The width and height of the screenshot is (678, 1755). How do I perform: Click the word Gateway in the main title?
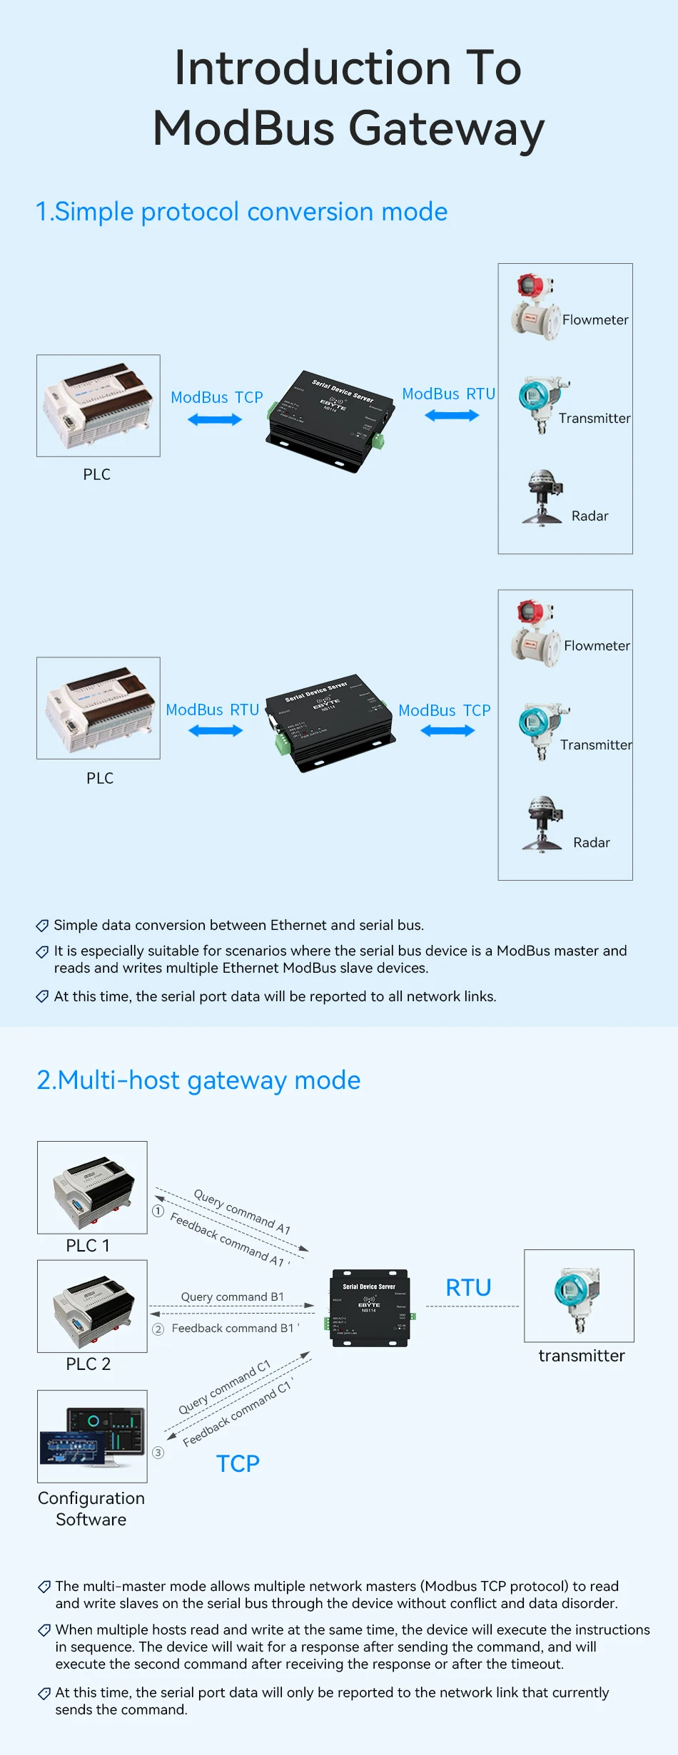pyautogui.click(x=446, y=130)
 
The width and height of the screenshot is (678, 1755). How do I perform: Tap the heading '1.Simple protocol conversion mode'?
pyautogui.click(x=241, y=212)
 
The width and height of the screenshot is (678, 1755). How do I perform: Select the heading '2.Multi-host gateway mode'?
pyautogui.click(x=198, y=1080)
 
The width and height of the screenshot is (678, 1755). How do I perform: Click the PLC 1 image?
pyautogui.click(x=92, y=1187)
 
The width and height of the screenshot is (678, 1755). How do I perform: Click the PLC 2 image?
pyautogui.click(x=92, y=1306)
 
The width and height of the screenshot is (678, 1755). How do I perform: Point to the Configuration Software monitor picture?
pyautogui.click(x=92, y=1436)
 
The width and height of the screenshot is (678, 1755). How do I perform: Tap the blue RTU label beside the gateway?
pyautogui.click(x=468, y=1288)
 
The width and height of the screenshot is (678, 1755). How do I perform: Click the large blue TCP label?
pyautogui.click(x=238, y=1464)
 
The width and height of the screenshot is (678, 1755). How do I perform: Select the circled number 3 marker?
pyautogui.click(x=158, y=1453)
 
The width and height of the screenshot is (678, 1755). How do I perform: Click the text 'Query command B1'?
pyautogui.click(x=232, y=1296)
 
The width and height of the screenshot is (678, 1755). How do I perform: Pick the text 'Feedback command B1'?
pyautogui.click(x=233, y=1328)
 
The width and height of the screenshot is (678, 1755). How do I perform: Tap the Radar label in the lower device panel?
pyautogui.click(x=591, y=842)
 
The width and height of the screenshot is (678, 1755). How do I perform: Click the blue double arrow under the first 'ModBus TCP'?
pyautogui.click(x=215, y=420)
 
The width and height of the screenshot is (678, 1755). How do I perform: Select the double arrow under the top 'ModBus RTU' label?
pyautogui.click(x=452, y=416)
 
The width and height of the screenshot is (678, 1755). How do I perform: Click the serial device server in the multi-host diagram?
pyautogui.click(x=369, y=1308)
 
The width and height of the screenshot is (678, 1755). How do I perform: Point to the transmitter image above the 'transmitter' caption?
pyautogui.click(x=579, y=1296)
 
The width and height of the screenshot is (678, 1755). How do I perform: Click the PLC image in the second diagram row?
pyautogui.click(x=98, y=708)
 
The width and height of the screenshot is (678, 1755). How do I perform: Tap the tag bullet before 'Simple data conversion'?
pyautogui.click(x=42, y=926)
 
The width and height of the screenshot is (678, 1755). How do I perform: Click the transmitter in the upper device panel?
pyautogui.click(x=539, y=404)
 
